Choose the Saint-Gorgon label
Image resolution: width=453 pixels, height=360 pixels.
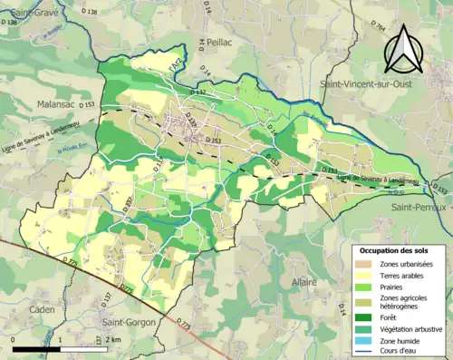[131, 321]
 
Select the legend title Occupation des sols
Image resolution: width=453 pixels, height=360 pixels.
[395, 249]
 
